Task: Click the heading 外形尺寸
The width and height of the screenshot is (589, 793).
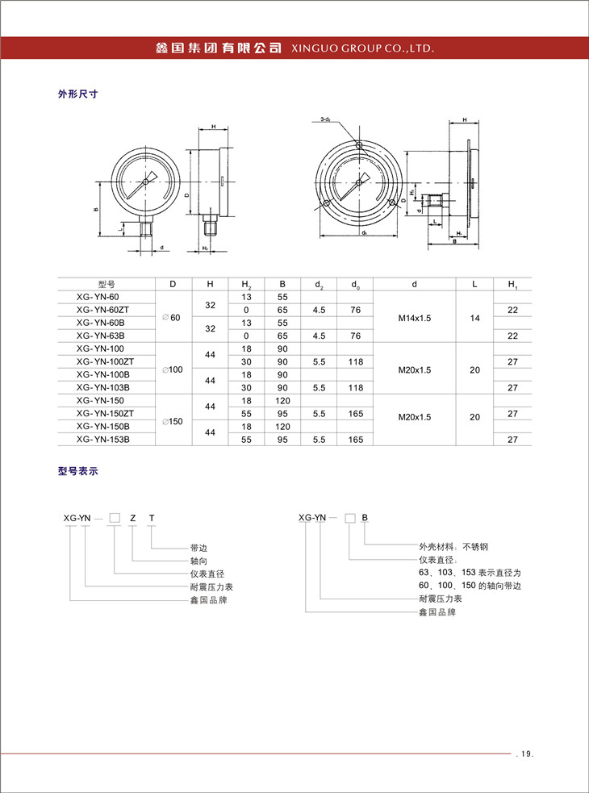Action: (x=77, y=94)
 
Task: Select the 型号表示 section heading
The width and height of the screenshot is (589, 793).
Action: (x=77, y=472)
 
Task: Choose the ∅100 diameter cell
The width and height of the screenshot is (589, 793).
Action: (x=173, y=368)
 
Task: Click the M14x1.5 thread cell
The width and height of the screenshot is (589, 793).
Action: (x=415, y=318)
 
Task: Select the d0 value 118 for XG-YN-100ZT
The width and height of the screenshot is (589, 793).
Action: (x=356, y=361)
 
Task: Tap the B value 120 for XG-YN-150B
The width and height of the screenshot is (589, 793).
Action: (x=282, y=426)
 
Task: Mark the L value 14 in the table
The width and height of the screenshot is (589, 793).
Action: (x=475, y=318)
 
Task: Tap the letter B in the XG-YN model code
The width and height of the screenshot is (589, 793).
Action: (x=365, y=519)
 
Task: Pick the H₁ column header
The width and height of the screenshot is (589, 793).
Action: (x=512, y=284)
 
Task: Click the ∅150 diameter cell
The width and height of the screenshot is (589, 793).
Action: (x=173, y=420)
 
